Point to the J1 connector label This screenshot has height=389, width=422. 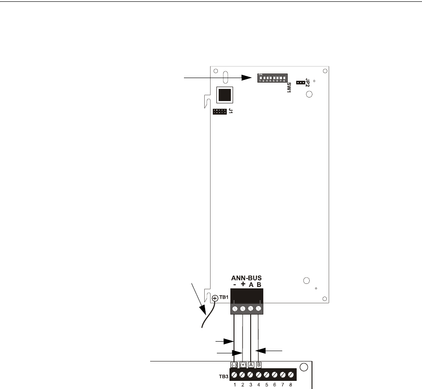pyautogui.click(x=230, y=111)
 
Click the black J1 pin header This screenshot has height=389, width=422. pyautogui.click(x=220, y=111)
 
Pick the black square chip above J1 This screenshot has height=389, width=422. pyautogui.click(x=225, y=95)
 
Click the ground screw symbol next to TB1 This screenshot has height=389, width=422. pyautogui.click(x=215, y=298)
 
